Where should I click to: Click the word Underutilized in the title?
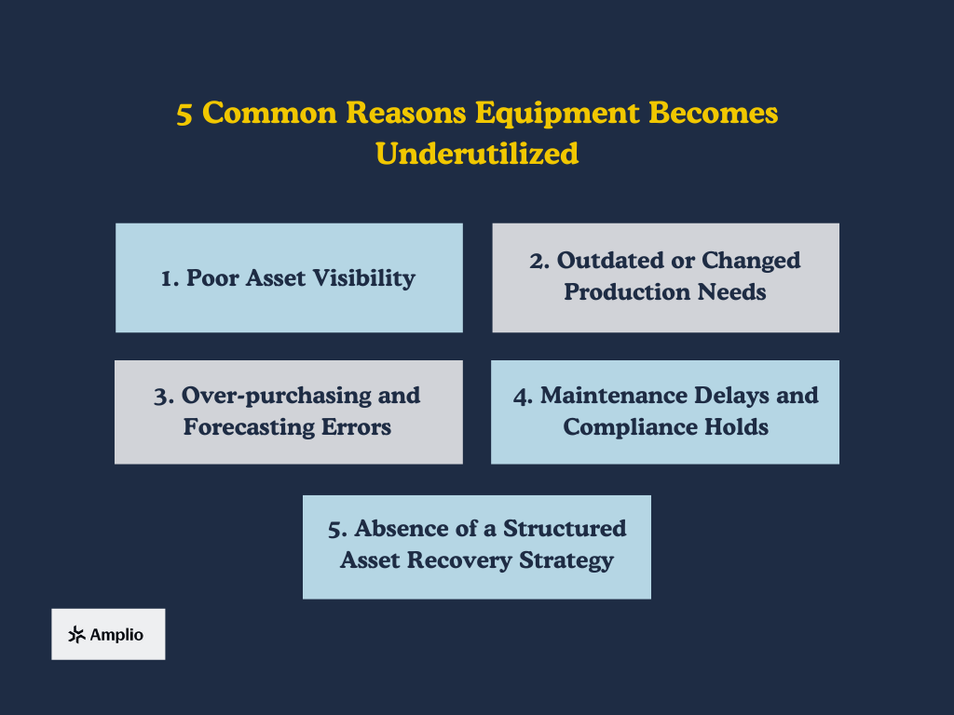pyautogui.click(x=477, y=153)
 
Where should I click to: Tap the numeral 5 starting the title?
pyautogui.click(x=185, y=114)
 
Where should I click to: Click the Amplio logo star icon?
pyautogui.click(x=76, y=635)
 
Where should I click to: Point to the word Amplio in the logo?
pyautogui.click(x=116, y=635)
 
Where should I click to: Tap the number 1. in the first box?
pyautogui.click(x=170, y=278)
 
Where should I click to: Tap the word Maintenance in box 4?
pyautogui.click(x=610, y=396)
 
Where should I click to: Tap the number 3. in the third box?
pyautogui.click(x=165, y=396)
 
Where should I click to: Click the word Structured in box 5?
pyautogui.click(x=565, y=529)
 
